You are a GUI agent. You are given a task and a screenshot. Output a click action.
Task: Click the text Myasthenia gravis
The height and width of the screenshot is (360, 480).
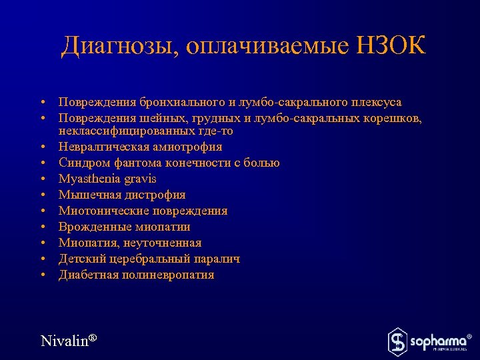[107, 179]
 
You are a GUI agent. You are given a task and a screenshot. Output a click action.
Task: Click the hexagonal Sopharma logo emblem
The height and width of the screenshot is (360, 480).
[397, 341]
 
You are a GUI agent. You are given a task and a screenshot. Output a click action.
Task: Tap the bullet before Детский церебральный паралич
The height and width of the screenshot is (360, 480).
[42, 259]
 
